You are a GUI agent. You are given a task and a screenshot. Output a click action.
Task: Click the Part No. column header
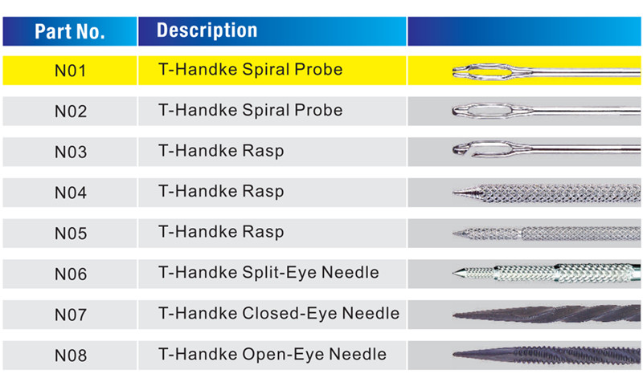point(70,31)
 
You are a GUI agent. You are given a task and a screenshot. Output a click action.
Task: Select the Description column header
point(207,30)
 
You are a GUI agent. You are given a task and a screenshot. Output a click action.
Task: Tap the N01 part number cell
point(71,71)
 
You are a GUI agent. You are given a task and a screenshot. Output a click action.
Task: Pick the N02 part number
point(71,112)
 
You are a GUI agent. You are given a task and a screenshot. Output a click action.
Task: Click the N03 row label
point(71,152)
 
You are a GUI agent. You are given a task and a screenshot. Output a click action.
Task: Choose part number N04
point(71,193)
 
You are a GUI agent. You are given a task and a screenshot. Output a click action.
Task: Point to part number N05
point(71,234)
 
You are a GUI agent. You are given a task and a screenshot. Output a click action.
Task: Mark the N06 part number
point(71,274)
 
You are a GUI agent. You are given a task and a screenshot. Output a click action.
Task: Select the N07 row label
point(71,315)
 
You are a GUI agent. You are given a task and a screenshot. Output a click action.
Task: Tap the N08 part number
point(71,355)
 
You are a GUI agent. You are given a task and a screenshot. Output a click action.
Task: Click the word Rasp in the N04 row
point(263,192)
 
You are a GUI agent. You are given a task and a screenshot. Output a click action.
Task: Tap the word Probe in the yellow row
point(318,70)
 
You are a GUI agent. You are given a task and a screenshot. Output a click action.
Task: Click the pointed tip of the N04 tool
point(455,192)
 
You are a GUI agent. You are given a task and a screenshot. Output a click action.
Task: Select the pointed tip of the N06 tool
point(454,273)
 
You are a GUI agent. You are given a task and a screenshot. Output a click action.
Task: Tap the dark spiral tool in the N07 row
point(547,314)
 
